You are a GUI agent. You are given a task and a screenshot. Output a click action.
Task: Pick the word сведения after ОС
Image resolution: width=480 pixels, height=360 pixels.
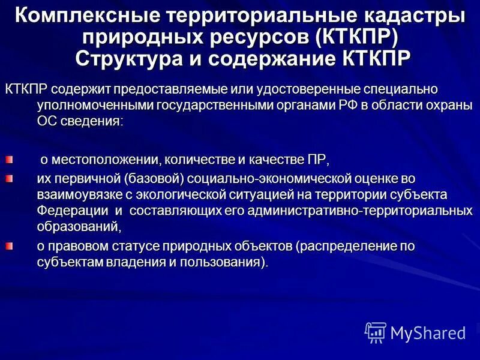pos(91,121)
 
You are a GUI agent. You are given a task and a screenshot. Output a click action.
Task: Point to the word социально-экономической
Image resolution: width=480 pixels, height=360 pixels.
pos(268,178)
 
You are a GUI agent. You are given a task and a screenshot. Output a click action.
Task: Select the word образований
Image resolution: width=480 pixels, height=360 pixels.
pos(78,227)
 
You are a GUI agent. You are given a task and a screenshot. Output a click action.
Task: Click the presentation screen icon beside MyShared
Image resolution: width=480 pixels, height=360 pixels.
pos(376,332)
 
